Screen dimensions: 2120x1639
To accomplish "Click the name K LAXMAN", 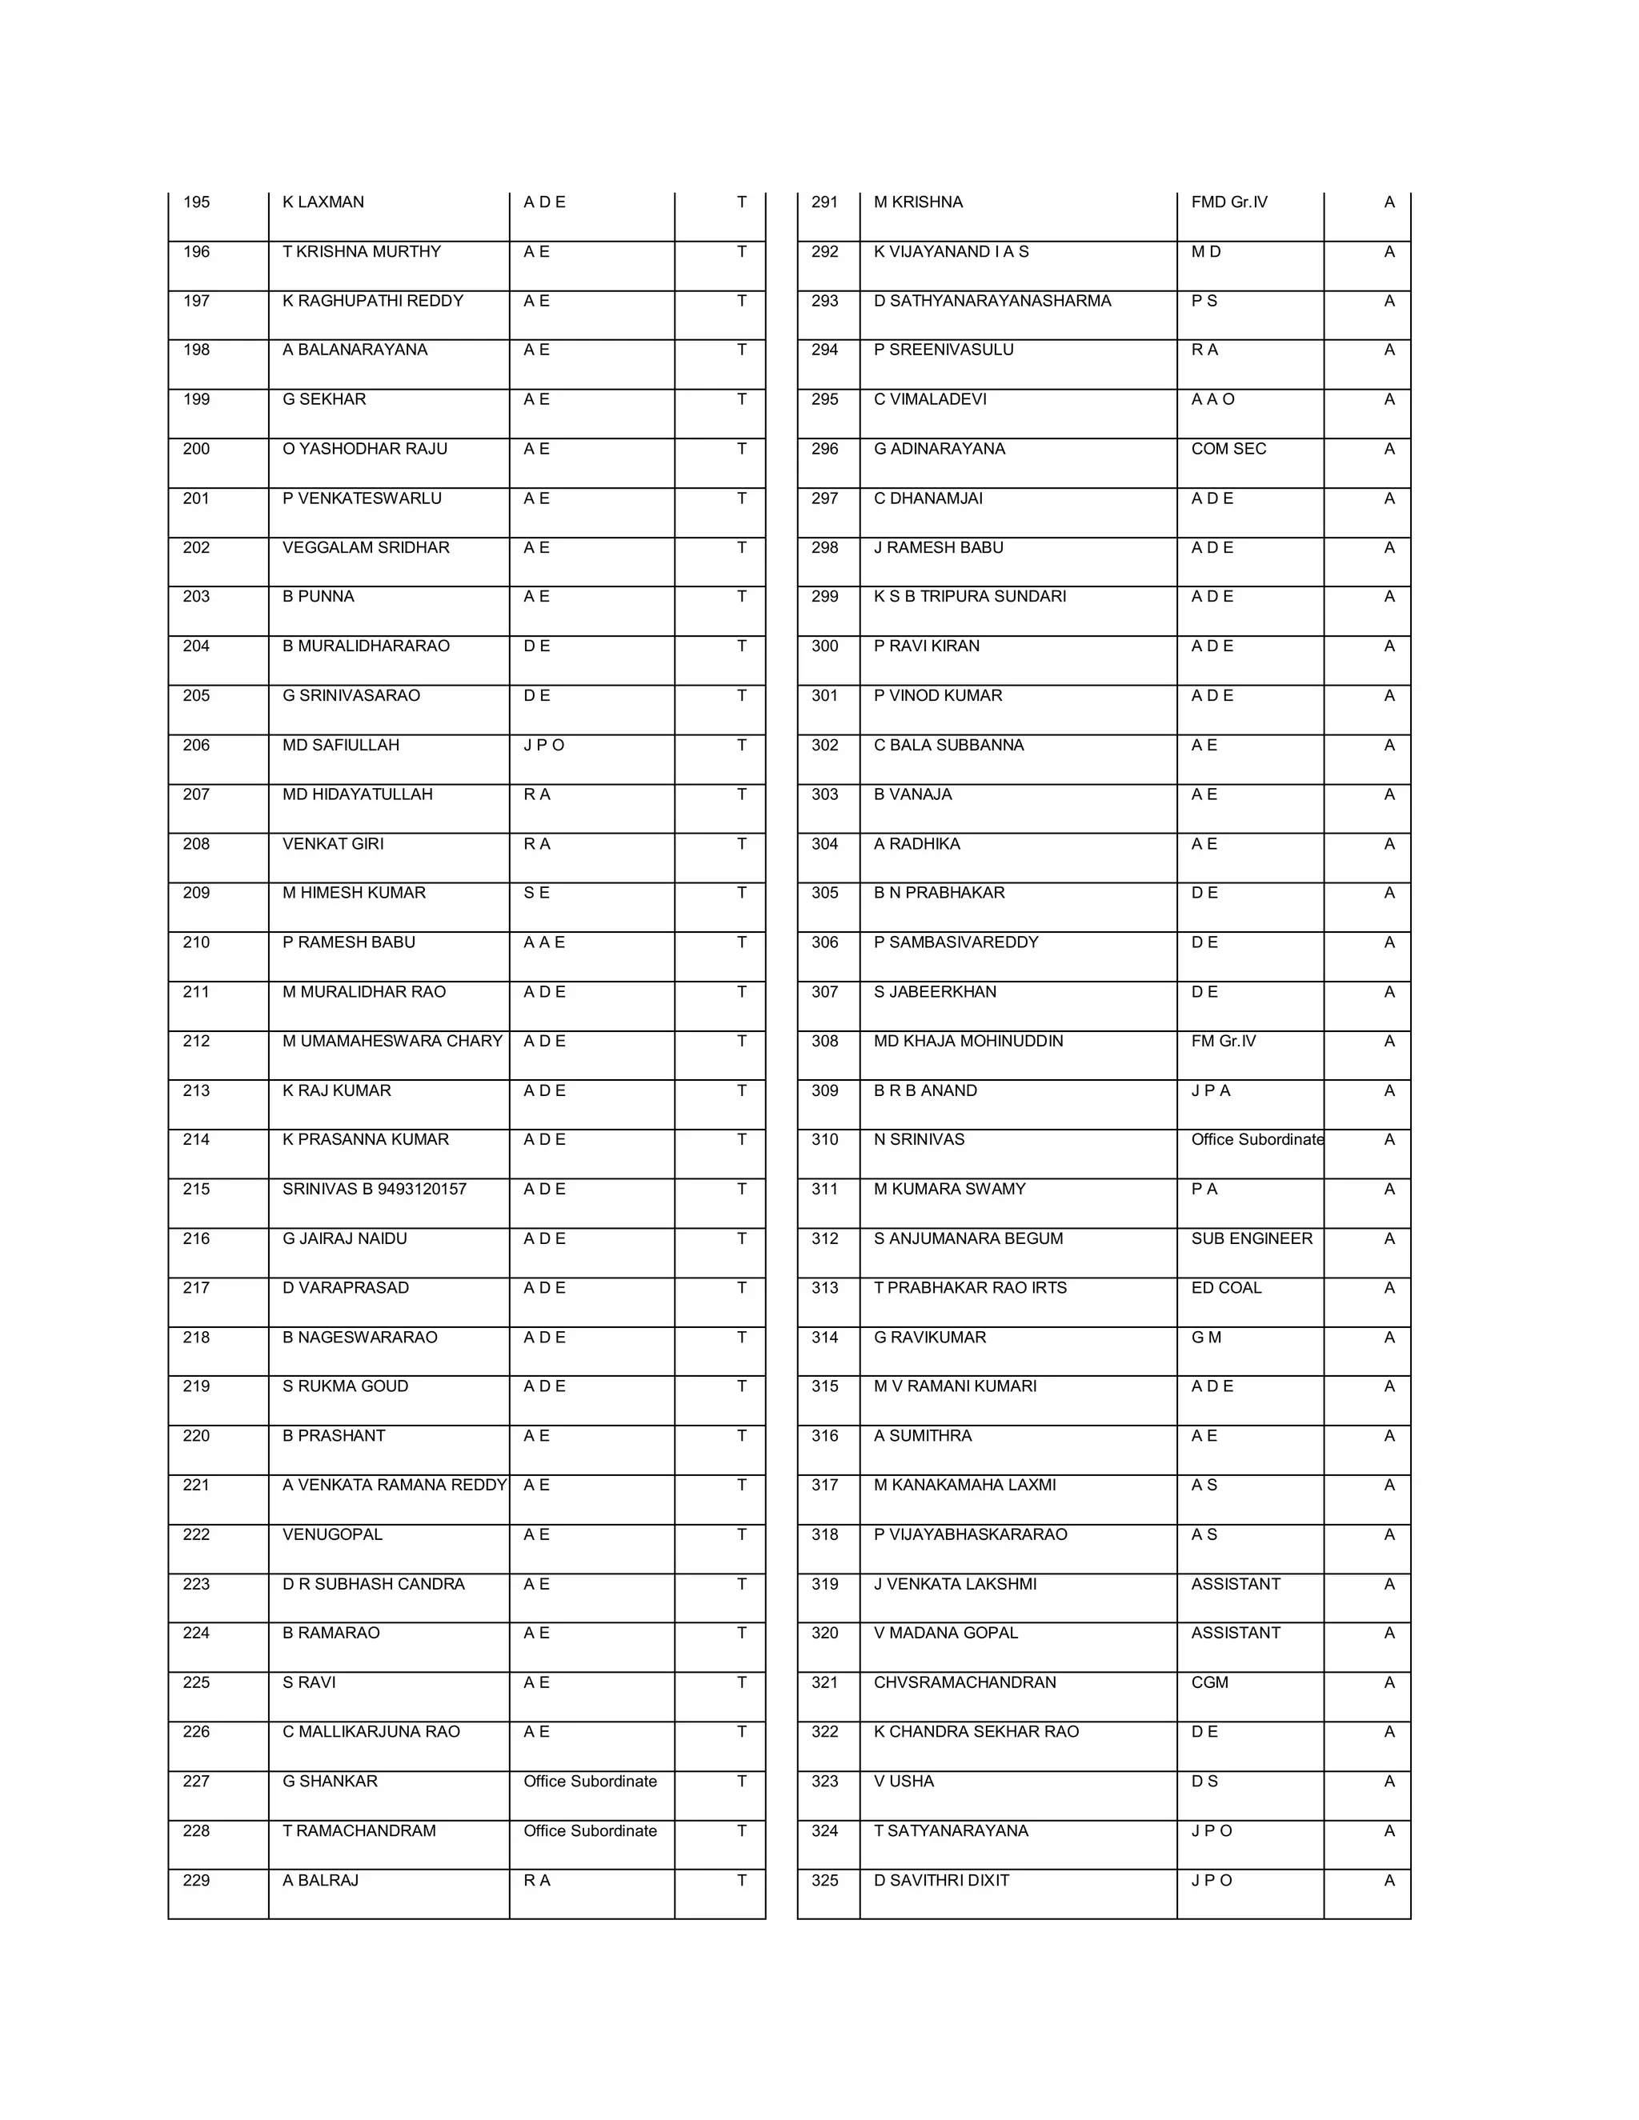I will (323, 202).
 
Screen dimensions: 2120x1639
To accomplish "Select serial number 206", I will (196, 745).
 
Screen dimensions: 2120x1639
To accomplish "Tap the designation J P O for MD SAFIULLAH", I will (543, 745).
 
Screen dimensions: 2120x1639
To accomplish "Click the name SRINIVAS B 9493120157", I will (375, 1189).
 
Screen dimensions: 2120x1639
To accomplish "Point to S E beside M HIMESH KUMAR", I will (536, 892).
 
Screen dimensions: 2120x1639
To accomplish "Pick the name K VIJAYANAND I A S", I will (951, 251).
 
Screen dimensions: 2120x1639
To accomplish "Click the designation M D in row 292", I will (1206, 251).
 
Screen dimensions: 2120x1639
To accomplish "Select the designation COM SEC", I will (1228, 449).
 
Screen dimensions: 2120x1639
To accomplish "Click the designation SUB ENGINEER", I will (1252, 1238).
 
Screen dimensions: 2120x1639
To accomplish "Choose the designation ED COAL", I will (1226, 1287).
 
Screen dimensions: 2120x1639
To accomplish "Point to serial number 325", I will (824, 1880).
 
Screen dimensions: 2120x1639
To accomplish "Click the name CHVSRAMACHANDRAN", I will (964, 1682).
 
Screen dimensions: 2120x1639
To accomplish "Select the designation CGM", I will (1210, 1682).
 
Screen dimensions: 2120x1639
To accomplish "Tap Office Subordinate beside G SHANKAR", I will (589, 1782).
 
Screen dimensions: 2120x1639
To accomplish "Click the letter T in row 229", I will (742, 1880).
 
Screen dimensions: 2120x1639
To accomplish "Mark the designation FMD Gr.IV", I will (1229, 202).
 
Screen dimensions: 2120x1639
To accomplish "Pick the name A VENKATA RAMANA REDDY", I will (395, 1485).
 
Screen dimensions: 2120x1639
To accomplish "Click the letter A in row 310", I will (1389, 1139).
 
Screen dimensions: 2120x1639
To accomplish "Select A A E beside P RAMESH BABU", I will (543, 942).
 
